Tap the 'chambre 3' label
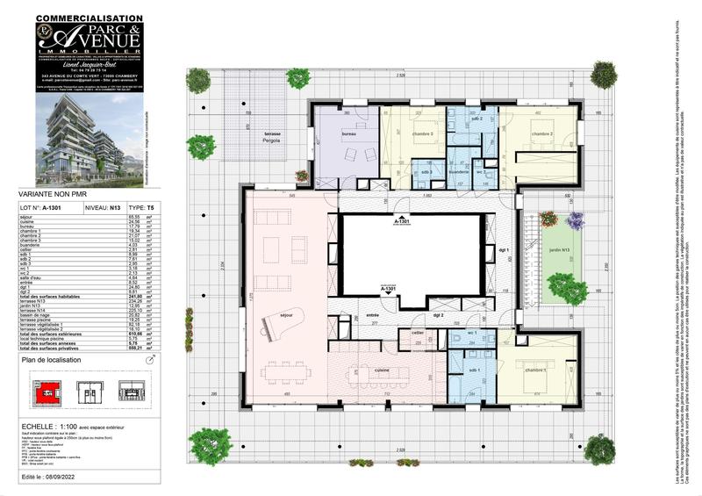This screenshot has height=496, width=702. click(424, 134)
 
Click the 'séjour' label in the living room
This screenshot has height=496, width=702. click(285, 324)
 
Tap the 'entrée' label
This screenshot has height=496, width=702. click(372, 313)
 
